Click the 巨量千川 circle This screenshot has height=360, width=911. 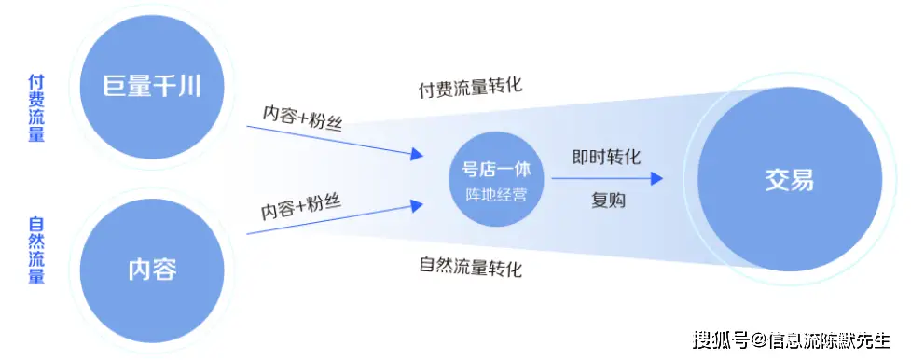(151, 89)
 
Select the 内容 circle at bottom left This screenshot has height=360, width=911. (151, 270)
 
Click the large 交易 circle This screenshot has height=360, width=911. (789, 180)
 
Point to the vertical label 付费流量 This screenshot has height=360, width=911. (35, 109)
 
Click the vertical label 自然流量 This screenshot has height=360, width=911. (35, 250)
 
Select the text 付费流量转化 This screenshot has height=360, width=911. (470, 88)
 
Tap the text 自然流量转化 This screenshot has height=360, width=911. (470, 269)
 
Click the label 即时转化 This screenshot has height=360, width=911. (606, 158)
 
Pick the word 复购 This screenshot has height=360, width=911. (606, 200)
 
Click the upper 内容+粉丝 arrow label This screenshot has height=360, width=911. (302, 118)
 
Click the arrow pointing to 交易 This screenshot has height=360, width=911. (606, 178)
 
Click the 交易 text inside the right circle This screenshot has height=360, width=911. (789, 180)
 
